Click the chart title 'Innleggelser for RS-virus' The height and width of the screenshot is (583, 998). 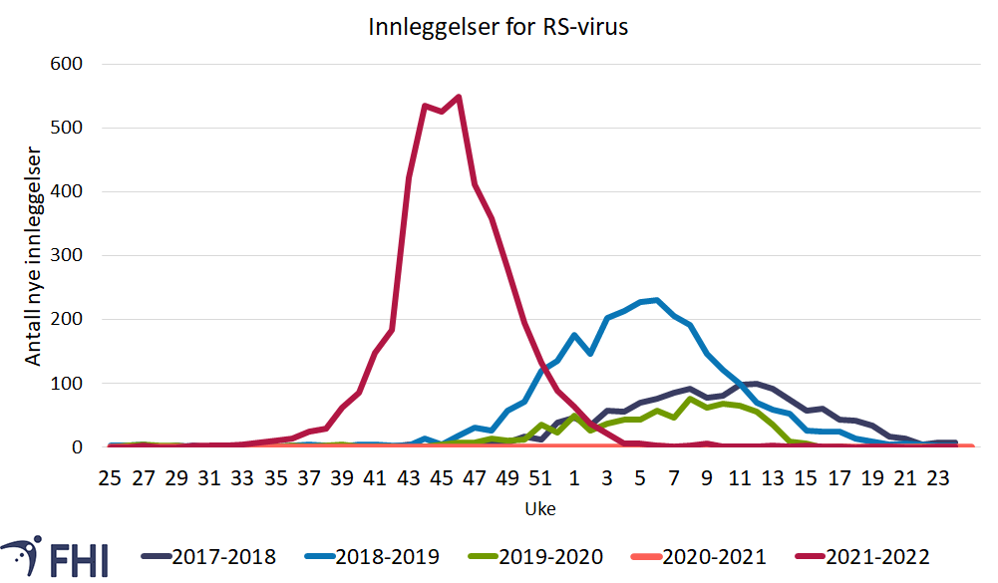pos(499,27)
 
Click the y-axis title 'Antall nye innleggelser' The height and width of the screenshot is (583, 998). pos(35,256)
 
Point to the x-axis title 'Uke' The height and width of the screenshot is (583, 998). pos(539,508)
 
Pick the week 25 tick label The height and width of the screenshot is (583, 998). pos(111,477)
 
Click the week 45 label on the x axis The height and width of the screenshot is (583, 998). pos(441,477)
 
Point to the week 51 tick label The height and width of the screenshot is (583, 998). pos(539,477)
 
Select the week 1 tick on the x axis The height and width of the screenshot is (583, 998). pos(573,477)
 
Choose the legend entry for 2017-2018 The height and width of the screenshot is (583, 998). pos(207,556)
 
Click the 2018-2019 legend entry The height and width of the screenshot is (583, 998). pos(371,556)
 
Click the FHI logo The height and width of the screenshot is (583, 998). pos(55,556)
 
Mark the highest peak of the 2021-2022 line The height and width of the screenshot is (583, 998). pos(458,97)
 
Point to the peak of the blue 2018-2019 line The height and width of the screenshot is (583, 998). pos(656,300)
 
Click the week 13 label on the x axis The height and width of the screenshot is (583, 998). pos(772,477)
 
